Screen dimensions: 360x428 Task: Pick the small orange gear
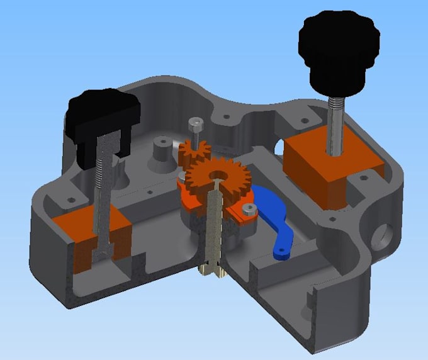193,151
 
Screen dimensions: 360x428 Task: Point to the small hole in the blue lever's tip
280,251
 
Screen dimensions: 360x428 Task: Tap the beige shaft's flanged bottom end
213,271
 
